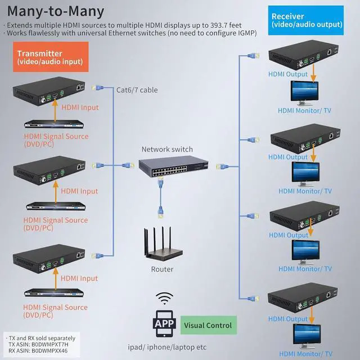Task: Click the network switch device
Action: coord(173,166)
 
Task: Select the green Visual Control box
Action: coord(209,325)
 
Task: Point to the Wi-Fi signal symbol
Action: coord(164,298)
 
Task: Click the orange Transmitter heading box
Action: coord(51,57)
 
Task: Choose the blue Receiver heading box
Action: coord(306,20)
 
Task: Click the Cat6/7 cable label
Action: coord(137,90)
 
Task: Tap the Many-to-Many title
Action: coord(56,11)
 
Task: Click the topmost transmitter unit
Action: coord(49,91)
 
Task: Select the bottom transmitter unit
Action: coord(49,259)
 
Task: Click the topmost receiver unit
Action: coord(303,55)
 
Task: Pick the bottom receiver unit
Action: coord(303,298)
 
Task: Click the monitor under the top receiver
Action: coord(304,93)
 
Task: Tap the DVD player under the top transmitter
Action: coord(54,124)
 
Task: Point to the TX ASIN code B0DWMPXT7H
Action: coord(50,344)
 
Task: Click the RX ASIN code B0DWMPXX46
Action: coord(49,351)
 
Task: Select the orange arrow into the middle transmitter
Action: coord(55,192)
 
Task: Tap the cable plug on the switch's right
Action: coord(222,166)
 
